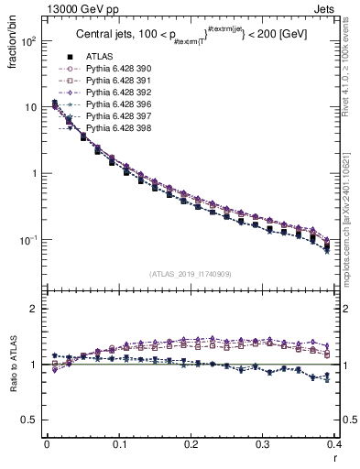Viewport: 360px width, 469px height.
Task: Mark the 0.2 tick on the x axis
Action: coord(191,445)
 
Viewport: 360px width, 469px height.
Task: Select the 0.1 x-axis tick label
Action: coord(119,445)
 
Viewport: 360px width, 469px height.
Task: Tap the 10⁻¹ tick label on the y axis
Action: coord(27,241)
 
